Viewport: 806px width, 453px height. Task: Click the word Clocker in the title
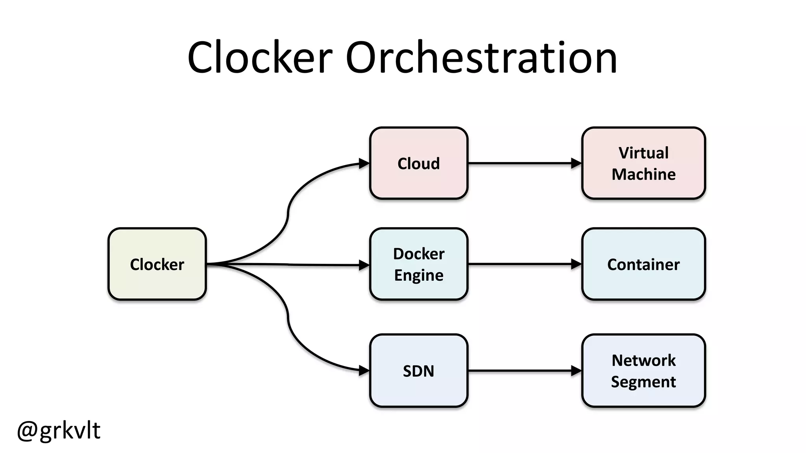click(x=260, y=58)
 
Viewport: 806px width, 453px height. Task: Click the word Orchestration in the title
click(x=481, y=58)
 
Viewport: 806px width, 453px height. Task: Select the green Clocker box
click(x=157, y=264)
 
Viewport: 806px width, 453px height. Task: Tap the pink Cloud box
click(x=418, y=163)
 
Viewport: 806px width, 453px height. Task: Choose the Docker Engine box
click(x=418, y=264)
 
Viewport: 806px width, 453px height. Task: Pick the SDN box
click(x=418, y=371)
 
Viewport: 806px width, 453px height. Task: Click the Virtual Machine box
click(x=643, y=163)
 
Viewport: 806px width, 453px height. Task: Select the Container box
click(x=643, y=264)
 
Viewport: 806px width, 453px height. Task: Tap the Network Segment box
click(x=643, y=371)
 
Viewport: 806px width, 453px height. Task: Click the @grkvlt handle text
click(x=59, y=430)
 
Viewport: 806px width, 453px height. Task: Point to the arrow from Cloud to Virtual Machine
click(x=519, y=163)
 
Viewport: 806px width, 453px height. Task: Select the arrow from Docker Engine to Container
click(x=519, y=264)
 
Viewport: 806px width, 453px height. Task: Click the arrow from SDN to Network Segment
click(x=519, y=370)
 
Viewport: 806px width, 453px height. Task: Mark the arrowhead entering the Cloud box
click(x=364, y=164)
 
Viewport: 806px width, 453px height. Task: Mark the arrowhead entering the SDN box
click(x=364, y=370)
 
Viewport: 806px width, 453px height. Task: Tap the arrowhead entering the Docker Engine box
click(x=364, y=265)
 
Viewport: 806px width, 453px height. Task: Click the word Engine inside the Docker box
click(x=418, y=275)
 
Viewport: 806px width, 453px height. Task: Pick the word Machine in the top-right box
click(x=643, y=174)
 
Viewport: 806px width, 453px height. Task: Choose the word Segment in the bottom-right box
click(x=643, y=382)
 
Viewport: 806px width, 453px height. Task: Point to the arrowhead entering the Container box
click(x=576, y=264)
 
